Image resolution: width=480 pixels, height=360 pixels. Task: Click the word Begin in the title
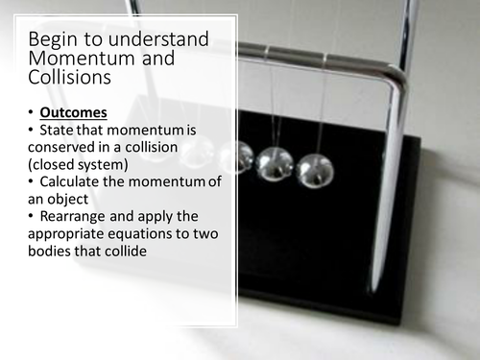52,40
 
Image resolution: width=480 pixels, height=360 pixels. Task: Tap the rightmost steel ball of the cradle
314,169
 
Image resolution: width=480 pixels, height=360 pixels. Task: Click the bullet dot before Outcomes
33,113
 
